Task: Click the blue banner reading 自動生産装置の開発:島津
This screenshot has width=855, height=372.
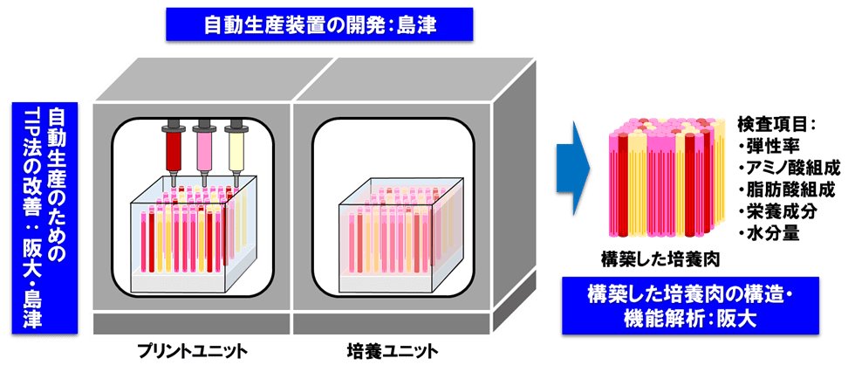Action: click(x=319, y=27)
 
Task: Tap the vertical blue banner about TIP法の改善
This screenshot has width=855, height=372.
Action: click(x=44, y=217)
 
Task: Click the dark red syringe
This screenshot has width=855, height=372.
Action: click(x=173, y=147)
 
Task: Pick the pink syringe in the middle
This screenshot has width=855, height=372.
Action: click(x=204, y=147)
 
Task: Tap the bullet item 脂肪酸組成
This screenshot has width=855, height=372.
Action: click(x=786, y=189)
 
